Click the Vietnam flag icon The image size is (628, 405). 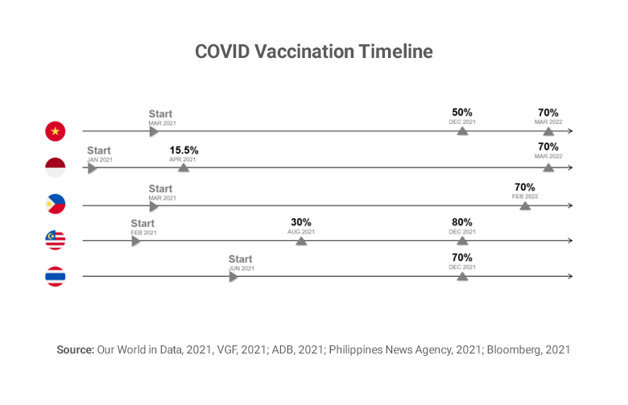pyautogui.click(x=56, y=131)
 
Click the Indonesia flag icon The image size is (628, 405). pyautogui.click(x=56, y=167)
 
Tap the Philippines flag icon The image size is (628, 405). pyautogui.click(x=56, y=205)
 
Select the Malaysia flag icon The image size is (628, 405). pyautogui.click(x=56, y=240)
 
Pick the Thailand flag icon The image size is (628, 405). pyautogui.click(x=56, y=277)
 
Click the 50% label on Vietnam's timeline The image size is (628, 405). pyautogui.click(x=462, y=113)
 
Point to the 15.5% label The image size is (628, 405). pyautogui.click(x=184, y=151)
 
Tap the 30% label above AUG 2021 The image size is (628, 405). pyautogui.click(x=301, y=222)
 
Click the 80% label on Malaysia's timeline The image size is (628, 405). pyautogui.click(x=462, y=222)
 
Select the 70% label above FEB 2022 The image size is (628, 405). pyautogui.click(x=525, y=187)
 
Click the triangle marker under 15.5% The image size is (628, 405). pyautogui.click(x=184, y=167)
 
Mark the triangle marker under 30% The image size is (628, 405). pyautogui.click(x=301, y=239)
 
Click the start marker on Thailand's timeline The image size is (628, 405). pyautogui.click(x=233, y=276)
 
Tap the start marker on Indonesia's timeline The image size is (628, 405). pyautogui.click(x=93, y=167)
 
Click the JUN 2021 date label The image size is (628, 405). pyautogui.click(x=242, y=268)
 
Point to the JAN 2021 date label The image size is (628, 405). pyautogui.click(x=100, y=159)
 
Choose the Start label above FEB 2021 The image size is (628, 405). pyautogui.click(x=143, y=223)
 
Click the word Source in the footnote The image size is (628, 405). pyautogui.click(x=75, y=350)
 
